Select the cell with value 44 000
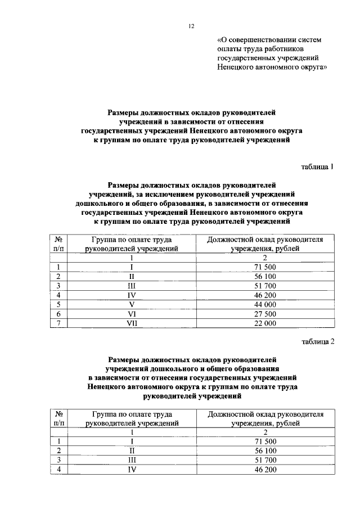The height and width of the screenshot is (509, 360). tap(264, 304)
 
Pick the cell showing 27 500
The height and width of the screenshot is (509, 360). tap(264, 313)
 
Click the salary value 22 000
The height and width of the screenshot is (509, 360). tap(264, 323)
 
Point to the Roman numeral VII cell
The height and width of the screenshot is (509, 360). tap(132, 323)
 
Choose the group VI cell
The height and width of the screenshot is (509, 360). tap(132, 313)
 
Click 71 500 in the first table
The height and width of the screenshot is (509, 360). tap(264, 266)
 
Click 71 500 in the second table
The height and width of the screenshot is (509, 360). tap(264, 442)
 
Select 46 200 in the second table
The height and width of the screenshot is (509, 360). tap(264, 470)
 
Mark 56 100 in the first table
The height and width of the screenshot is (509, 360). tap(264, 276)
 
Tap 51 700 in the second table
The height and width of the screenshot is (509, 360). tap(264, 460)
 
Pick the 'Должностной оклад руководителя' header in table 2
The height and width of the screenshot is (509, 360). tap(265, 414)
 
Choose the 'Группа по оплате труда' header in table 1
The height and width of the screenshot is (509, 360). tap(132, 238)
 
